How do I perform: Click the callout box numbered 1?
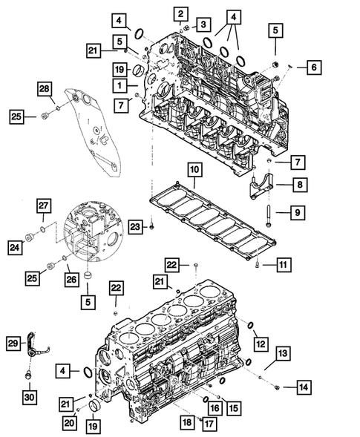(120, 86)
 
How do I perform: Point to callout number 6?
(312, 68)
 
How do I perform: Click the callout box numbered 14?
(303, 387)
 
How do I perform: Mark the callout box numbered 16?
(214, 407)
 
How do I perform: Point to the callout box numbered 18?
(186, 421)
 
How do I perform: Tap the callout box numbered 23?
(134, 225)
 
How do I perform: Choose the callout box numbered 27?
(44, 206)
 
